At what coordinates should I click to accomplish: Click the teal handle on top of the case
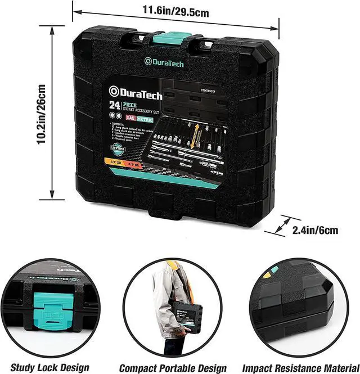point(172,39)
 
